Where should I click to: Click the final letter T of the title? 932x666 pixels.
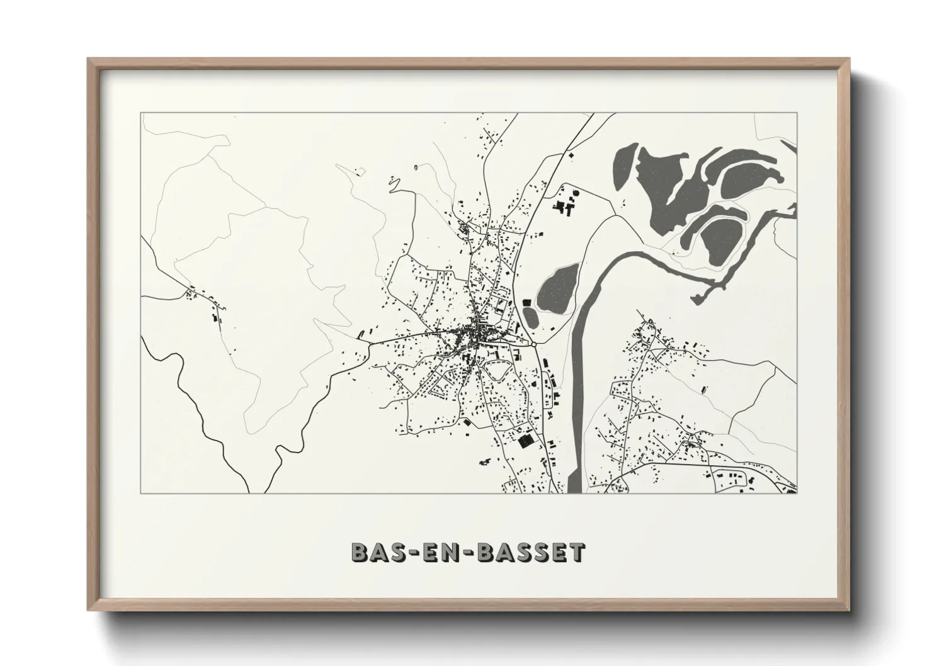point(577,552)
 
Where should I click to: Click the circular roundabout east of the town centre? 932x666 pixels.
point(534,344)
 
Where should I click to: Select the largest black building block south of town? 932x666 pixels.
point(525,441)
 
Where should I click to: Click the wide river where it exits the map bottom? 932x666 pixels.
point(574,485)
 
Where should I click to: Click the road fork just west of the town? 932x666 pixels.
point(367,342)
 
